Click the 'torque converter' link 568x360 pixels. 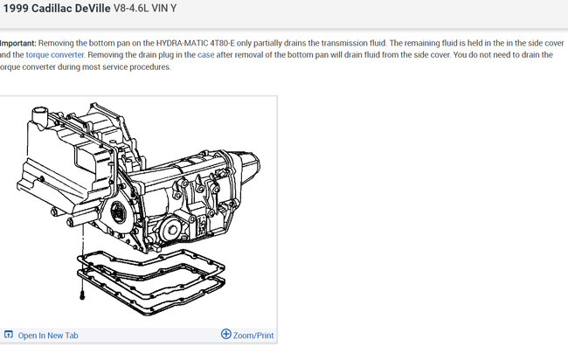click(x=55, y=55)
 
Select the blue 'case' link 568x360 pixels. click(x=205, y=55)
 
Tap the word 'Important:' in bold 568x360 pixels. click(x=18, y=43)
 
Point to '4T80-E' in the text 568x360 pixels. click(x=223, y=43)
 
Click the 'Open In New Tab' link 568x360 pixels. click(x=48, y=336)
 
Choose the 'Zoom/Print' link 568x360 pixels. click(x=253, y=336)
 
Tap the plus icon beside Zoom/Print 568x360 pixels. click(x=226, y=334)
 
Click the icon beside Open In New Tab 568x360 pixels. click(x=9, y=335)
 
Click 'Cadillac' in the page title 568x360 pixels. click(x=52, y=9)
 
